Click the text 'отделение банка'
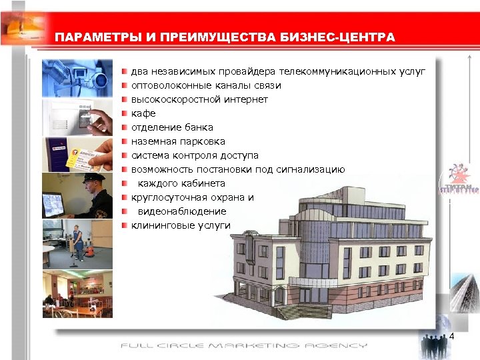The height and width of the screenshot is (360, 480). click(172, 127)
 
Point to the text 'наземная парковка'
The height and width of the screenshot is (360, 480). click(178, 141)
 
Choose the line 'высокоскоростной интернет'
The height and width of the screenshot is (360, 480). click(199, 99)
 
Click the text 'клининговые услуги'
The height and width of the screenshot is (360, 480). click(180, 225)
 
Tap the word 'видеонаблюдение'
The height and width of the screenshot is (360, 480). click(182, 211)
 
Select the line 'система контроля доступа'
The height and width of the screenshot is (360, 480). click(195, 155)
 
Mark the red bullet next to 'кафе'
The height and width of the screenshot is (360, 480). click(124, 113)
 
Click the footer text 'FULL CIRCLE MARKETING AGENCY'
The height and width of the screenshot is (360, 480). click(243, 345)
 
